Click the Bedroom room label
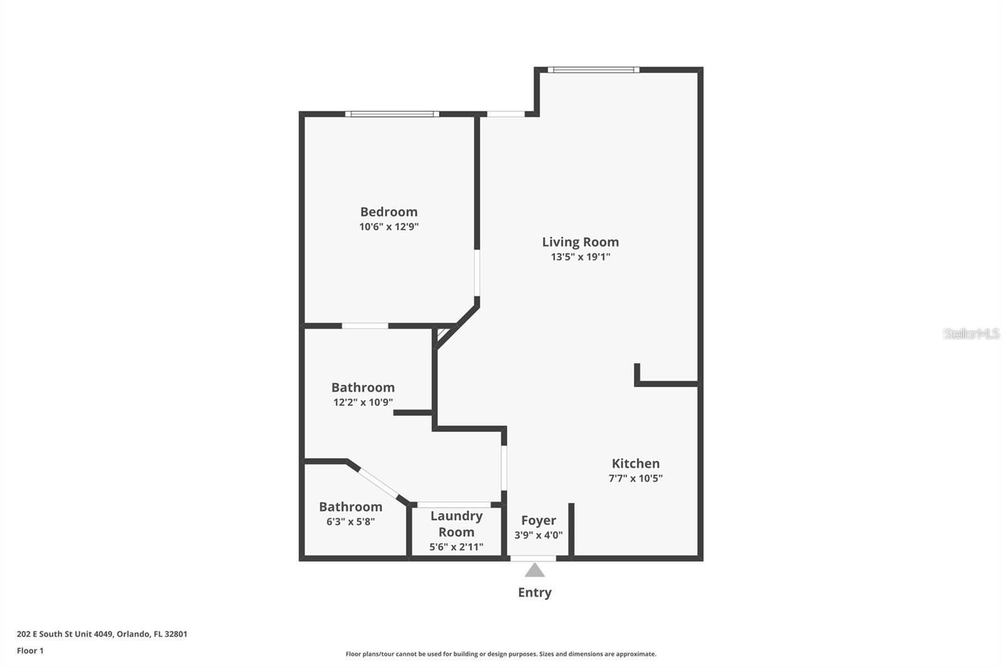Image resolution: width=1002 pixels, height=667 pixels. tap(388, 211)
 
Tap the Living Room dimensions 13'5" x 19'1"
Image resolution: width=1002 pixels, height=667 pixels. tap(580, 257)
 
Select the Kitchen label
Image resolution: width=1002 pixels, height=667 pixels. tap(635, 463)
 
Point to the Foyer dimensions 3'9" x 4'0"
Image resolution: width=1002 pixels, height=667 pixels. tap(538, 535)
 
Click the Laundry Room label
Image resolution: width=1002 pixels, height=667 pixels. tap(456, 524)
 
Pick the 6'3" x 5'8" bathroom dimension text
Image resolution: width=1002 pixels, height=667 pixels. tap(350, 521)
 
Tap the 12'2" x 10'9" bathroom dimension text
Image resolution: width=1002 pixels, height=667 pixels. tap(363, 402)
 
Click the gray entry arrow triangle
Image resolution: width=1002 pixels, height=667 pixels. tap(534, 570)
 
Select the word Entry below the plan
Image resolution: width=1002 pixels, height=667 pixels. tap(534, 592)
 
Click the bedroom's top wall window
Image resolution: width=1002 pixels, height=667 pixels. tap(391, 114)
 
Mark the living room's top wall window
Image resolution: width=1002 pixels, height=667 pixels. tap(593, 69)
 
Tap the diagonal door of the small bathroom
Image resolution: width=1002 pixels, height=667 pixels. tap(378, 482)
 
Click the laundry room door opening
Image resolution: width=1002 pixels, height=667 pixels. tap(453, 504)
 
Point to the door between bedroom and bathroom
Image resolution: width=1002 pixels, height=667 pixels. tap(364, 325)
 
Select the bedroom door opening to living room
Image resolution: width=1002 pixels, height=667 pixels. tap(477, 273)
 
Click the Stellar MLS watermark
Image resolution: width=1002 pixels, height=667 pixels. tap(970, 333)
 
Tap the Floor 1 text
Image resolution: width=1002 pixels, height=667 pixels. tap(30, 651)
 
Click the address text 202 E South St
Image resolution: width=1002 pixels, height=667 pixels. tap(101, 634)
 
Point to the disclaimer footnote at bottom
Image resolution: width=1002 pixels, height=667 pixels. tap(500, 654)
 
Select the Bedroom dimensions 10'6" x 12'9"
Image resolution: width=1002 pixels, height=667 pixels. tap(388, 227)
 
